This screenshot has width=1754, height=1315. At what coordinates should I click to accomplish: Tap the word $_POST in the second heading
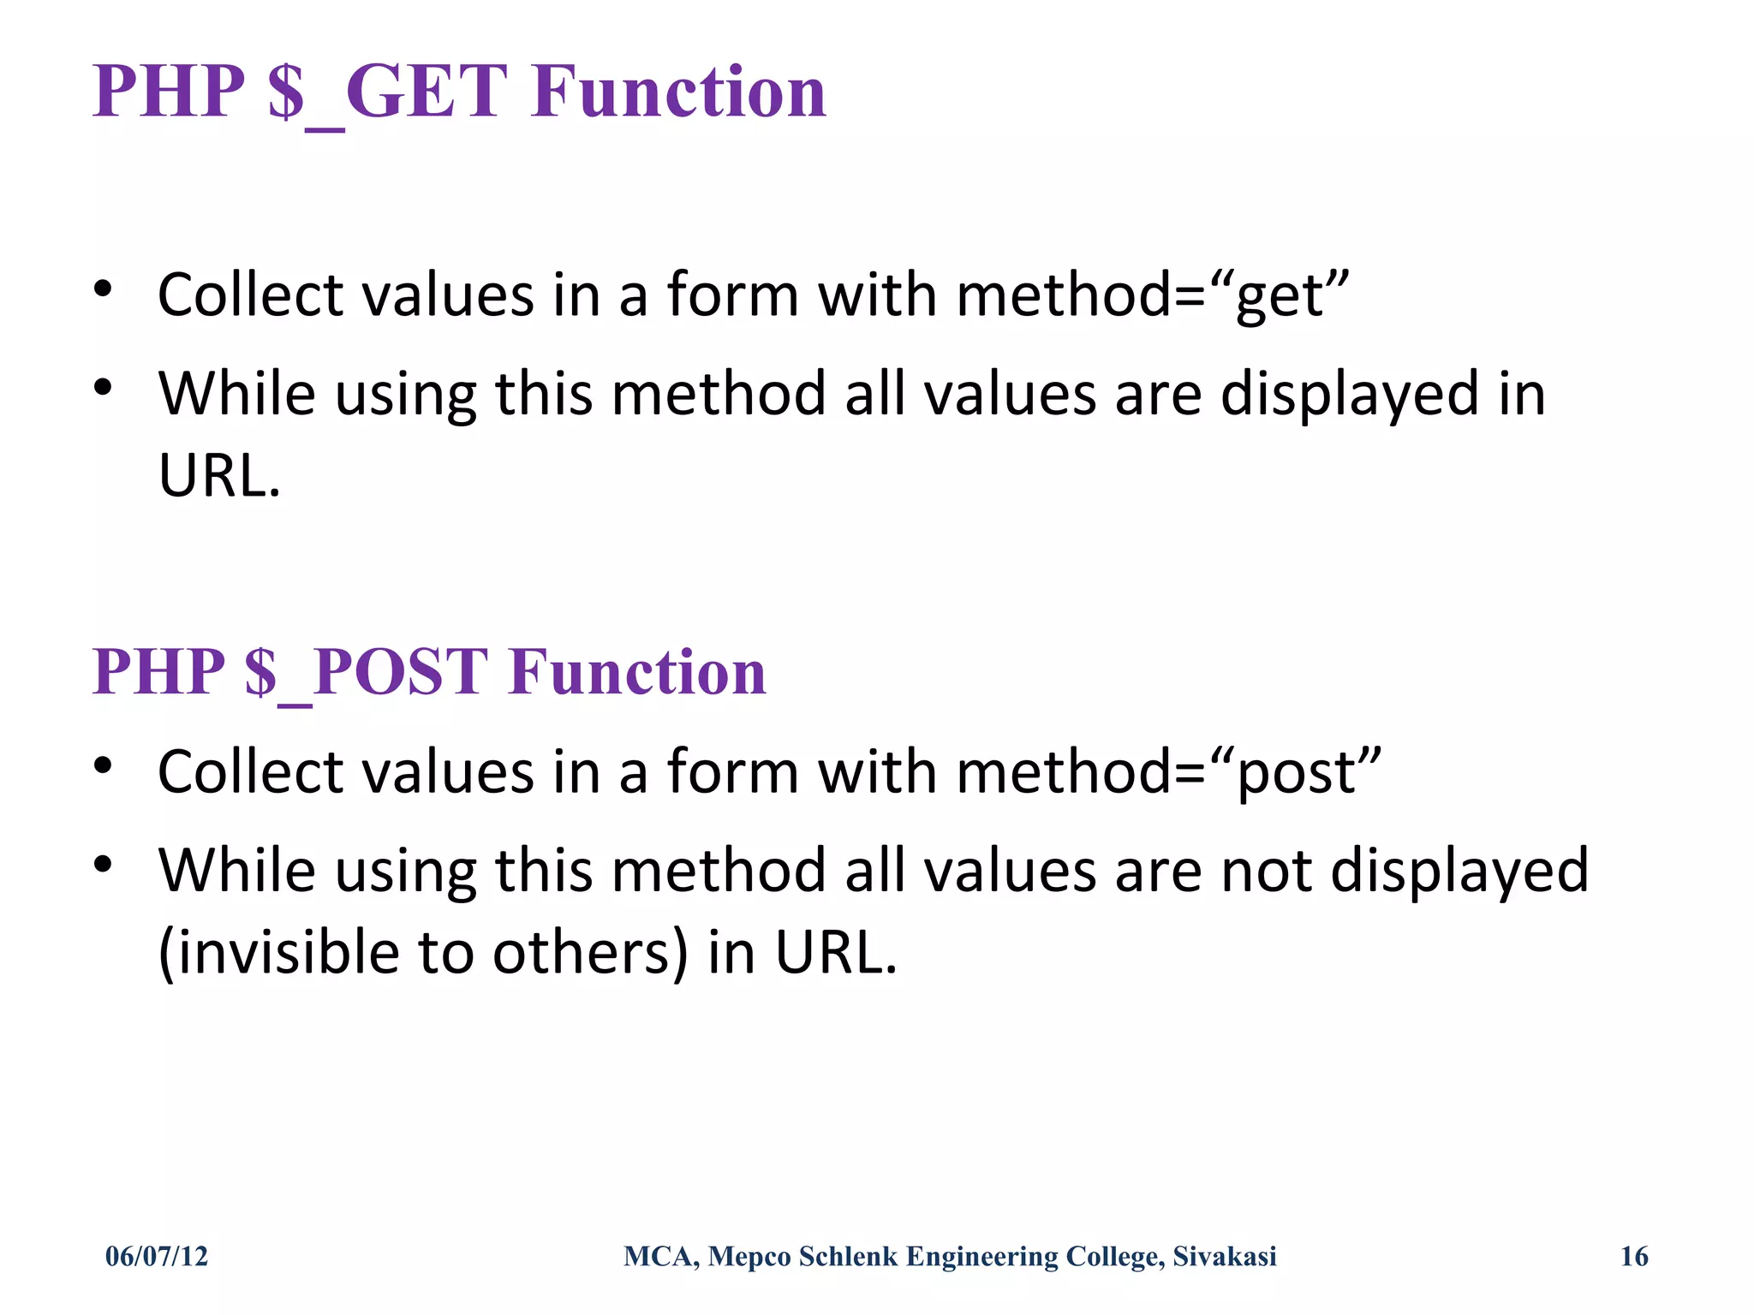[x=366, y=673]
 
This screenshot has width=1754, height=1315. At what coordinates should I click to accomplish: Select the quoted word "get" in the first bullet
[x=1292, y=296]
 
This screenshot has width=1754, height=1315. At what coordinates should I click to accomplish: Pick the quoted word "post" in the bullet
[x=1309, y=773]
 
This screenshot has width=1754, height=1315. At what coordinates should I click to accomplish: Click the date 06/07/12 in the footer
[x=157, y=1256]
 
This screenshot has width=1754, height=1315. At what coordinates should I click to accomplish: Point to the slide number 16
[x=1634, y=1256]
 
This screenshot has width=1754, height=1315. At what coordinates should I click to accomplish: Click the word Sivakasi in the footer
[x=1225, y=1256]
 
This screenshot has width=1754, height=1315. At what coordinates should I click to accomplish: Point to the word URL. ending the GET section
[x=220, y=476]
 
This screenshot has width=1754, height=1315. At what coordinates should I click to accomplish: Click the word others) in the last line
[x=590, y=953]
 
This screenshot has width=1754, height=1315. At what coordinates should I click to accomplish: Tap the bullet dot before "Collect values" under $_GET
[x=103, y=289]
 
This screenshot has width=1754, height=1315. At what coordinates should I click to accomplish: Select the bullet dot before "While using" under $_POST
[x=103, y=865]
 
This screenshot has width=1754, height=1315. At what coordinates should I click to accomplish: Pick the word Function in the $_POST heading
[x=637, y=673]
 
